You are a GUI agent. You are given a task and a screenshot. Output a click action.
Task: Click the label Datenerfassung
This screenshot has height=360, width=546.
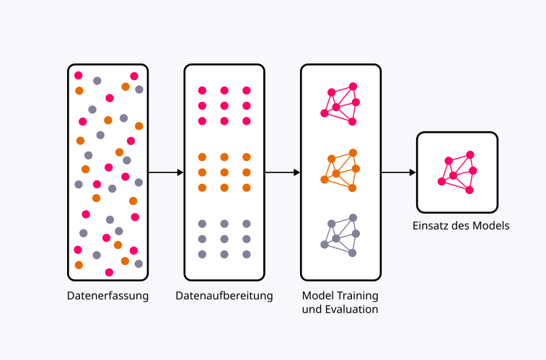click(107, 296)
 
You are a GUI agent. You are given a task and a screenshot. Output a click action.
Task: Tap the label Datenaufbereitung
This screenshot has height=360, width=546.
click(224, 296)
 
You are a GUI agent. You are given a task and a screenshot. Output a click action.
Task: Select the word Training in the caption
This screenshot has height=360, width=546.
click(356, 296)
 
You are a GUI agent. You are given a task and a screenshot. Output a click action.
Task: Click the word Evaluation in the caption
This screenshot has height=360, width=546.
click(353, 309)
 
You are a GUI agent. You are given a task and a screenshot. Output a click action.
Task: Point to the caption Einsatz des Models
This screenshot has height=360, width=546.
click(461, 226)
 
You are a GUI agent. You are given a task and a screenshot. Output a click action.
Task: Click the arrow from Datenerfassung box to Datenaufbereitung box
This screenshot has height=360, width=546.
click(166, 172)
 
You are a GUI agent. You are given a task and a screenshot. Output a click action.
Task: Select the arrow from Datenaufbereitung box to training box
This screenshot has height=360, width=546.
click(282, 172)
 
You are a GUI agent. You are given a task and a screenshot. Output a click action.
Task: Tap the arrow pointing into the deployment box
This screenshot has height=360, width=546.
click(399, 172)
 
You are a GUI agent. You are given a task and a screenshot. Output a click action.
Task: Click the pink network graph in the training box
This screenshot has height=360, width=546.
click(340, 105)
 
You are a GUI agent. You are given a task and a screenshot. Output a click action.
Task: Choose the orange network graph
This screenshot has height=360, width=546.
click(340, 171)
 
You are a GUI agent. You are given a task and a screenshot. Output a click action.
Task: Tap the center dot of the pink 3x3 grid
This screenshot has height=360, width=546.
click(224, 106)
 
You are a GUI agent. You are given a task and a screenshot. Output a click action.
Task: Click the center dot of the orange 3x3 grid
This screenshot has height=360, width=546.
click(224, 172)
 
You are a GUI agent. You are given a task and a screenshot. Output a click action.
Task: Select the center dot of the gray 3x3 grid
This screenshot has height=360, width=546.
click(224, 239)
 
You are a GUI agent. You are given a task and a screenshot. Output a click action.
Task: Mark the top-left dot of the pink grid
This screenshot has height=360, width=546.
click(202, 91)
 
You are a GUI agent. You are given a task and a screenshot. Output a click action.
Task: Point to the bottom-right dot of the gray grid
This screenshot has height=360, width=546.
click(247, 254)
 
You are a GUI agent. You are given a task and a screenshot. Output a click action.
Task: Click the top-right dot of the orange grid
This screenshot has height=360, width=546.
click(247, 157)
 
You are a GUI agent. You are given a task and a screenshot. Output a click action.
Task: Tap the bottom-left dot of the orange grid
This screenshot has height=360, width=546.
click(202, 188)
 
